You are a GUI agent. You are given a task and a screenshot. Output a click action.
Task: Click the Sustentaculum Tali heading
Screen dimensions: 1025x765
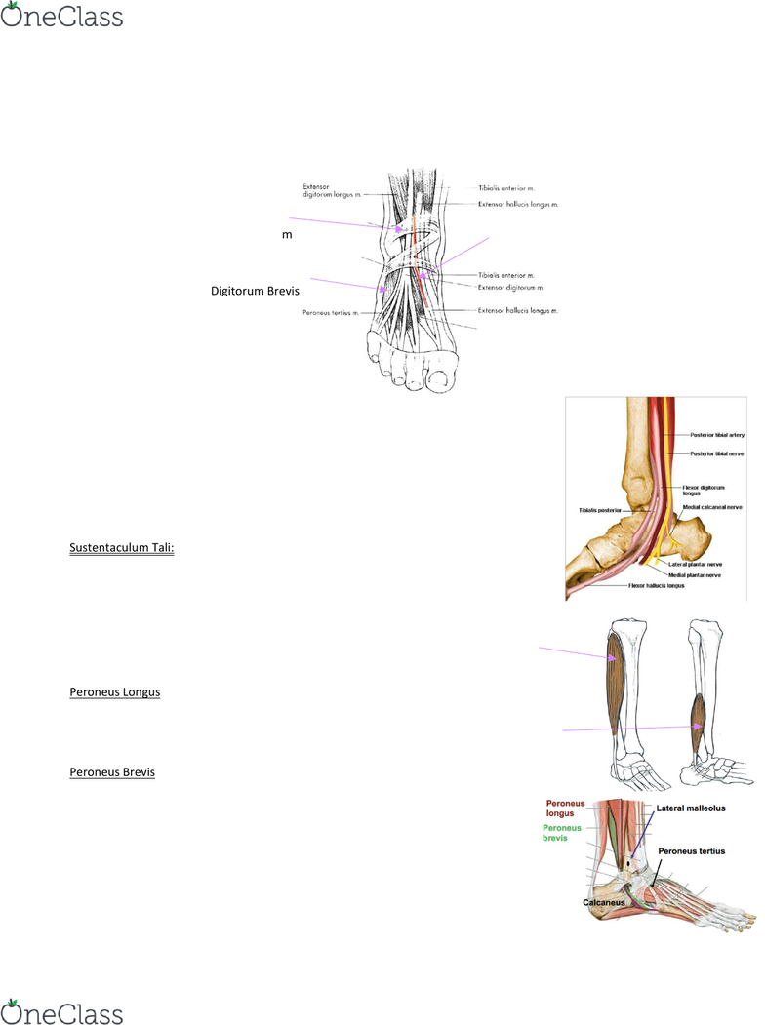click(x=122, y=548)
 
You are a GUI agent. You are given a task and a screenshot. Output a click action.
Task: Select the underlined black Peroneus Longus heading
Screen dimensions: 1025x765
click(x=115, y=692)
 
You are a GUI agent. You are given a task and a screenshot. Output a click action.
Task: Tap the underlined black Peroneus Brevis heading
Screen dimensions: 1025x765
click(x=112, y=772)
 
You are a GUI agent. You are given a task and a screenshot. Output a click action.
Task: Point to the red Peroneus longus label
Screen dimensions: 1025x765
click(x=566, y=808)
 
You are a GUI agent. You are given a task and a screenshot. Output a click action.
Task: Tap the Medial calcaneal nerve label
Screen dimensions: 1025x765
click(x=715, y=507)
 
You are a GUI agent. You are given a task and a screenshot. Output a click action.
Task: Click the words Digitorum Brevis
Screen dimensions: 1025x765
click(x=255, y=291)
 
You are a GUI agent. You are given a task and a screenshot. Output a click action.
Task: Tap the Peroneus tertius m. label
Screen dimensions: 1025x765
click(x=331, y=314)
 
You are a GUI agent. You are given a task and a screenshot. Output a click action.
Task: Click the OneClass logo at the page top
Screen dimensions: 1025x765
click(x=62, y=17)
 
